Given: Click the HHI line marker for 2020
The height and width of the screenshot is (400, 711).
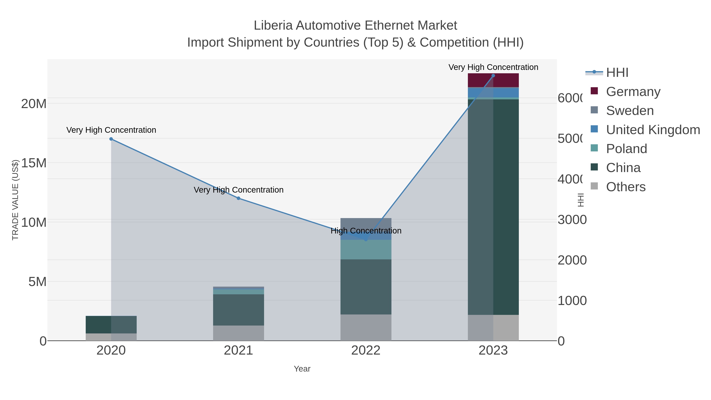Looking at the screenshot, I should click(111, 139).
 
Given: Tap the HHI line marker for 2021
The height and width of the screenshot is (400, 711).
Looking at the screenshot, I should click(238, 198).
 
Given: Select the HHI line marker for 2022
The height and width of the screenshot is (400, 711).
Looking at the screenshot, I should click(366, 240).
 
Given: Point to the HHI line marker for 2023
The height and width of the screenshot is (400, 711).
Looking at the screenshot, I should click(493, 76).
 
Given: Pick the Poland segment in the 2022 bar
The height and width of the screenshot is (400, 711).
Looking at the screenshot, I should click(366, 249).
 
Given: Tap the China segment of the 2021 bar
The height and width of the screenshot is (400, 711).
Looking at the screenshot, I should click(238, 310).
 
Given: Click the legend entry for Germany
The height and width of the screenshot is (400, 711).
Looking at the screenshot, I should click(633, 91).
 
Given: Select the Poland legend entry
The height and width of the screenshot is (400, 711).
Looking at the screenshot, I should click(626, 149).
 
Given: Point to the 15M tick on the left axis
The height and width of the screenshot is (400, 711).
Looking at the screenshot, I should click(34, 163).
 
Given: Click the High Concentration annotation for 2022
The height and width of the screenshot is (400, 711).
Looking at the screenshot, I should click(366, 231).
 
